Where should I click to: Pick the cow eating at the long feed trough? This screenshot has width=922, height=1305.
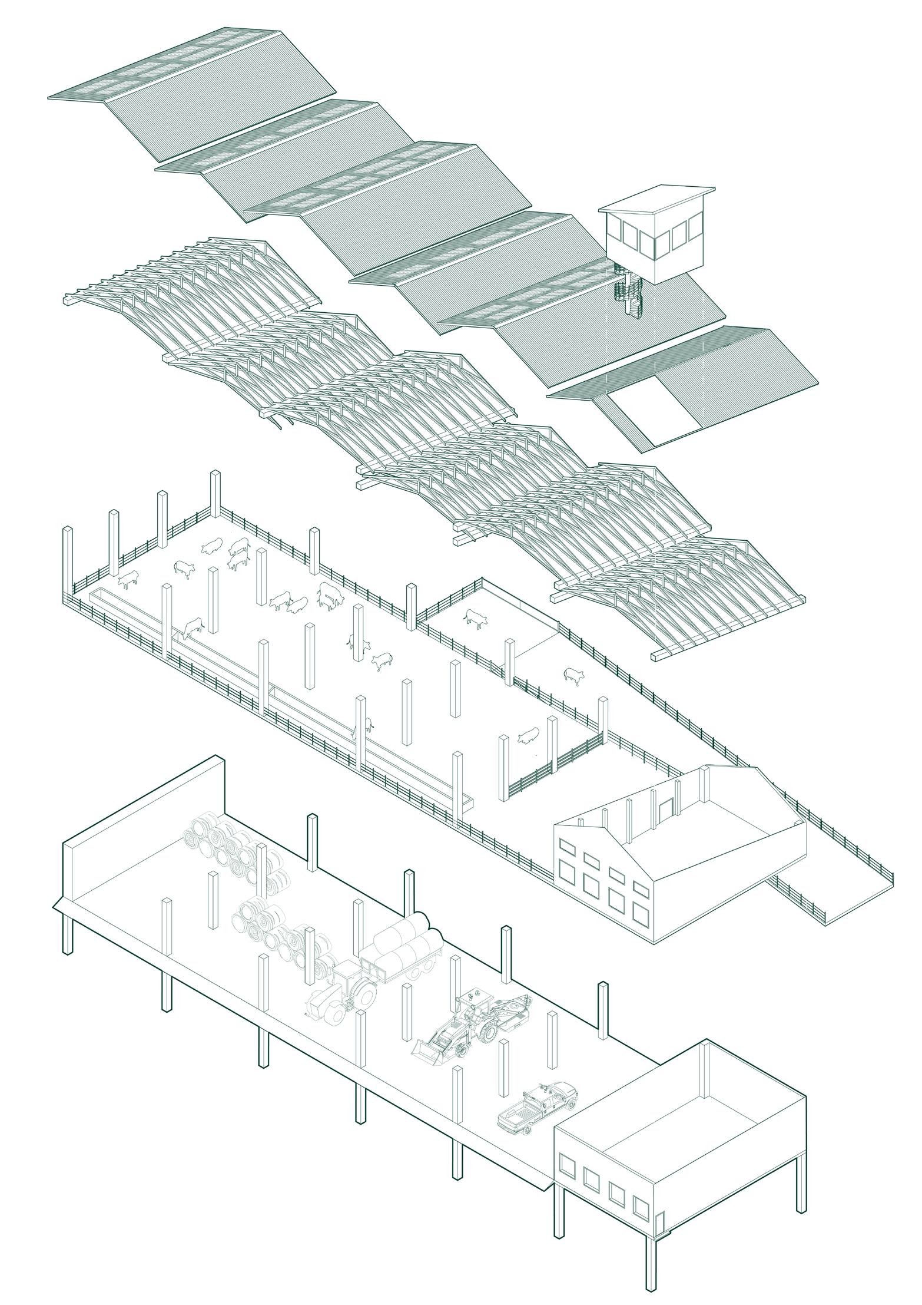[x=191, y=628]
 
